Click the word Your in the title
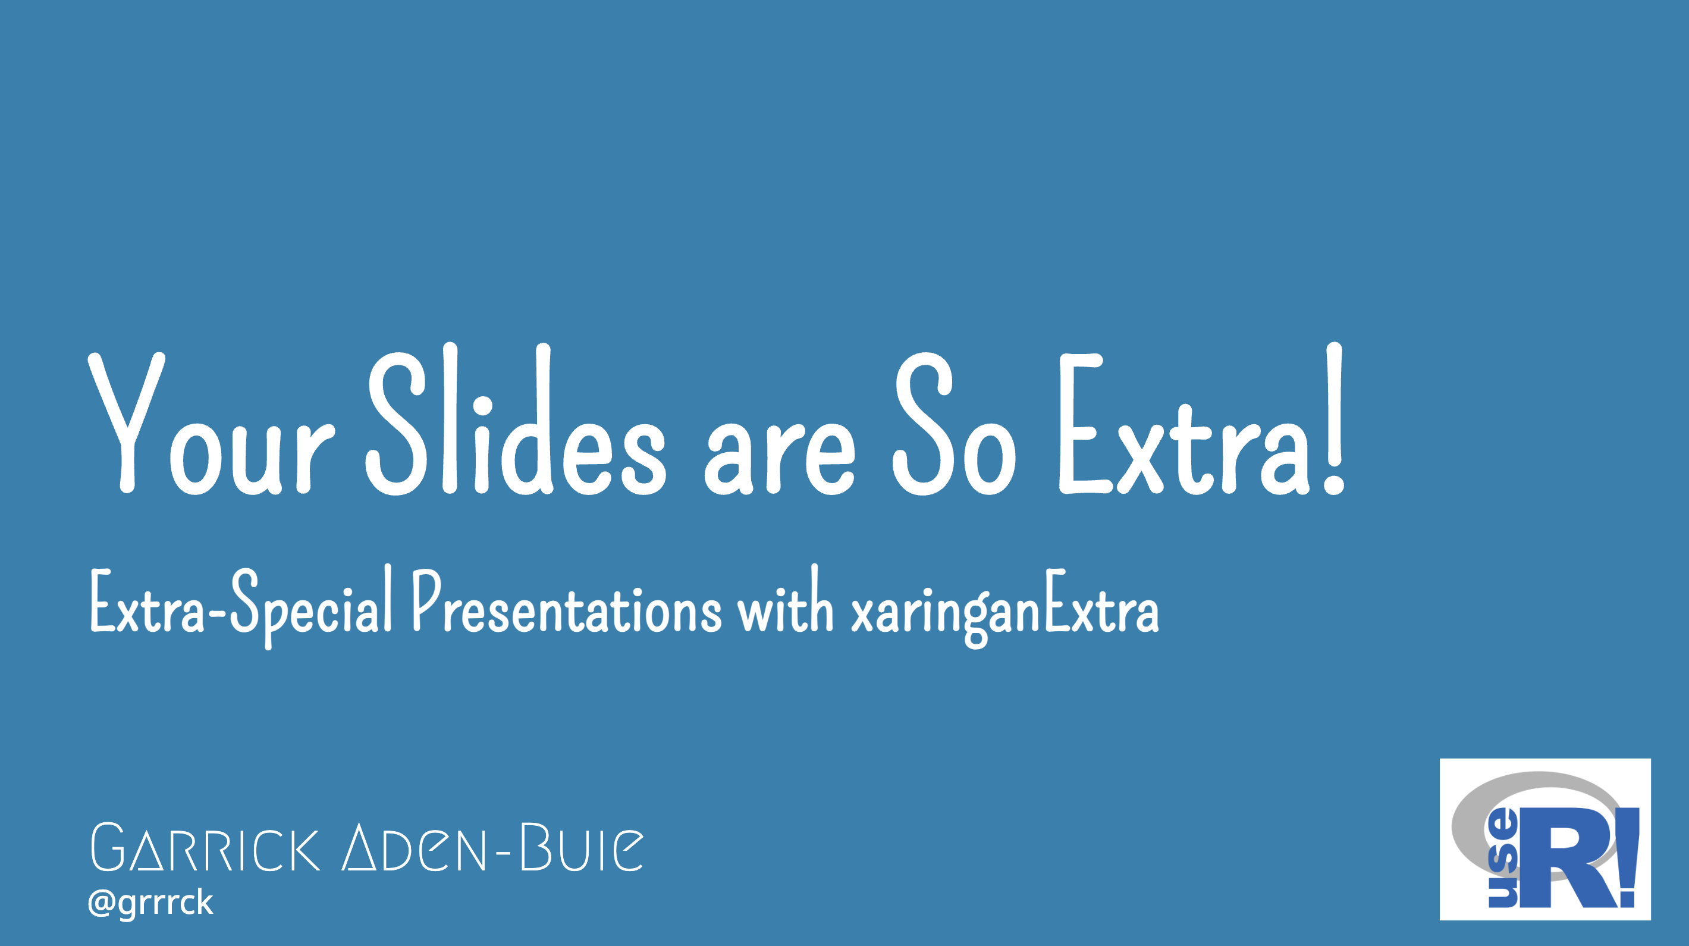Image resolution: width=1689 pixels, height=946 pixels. [x=212, y=423]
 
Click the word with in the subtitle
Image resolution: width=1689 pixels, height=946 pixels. [x=786, y=599]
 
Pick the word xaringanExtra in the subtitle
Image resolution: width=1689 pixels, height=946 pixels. [x=1005, y=607]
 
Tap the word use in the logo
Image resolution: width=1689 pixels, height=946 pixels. [x=1502, y=857]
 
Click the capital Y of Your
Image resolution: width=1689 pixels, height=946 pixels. [x=127, y=423]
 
